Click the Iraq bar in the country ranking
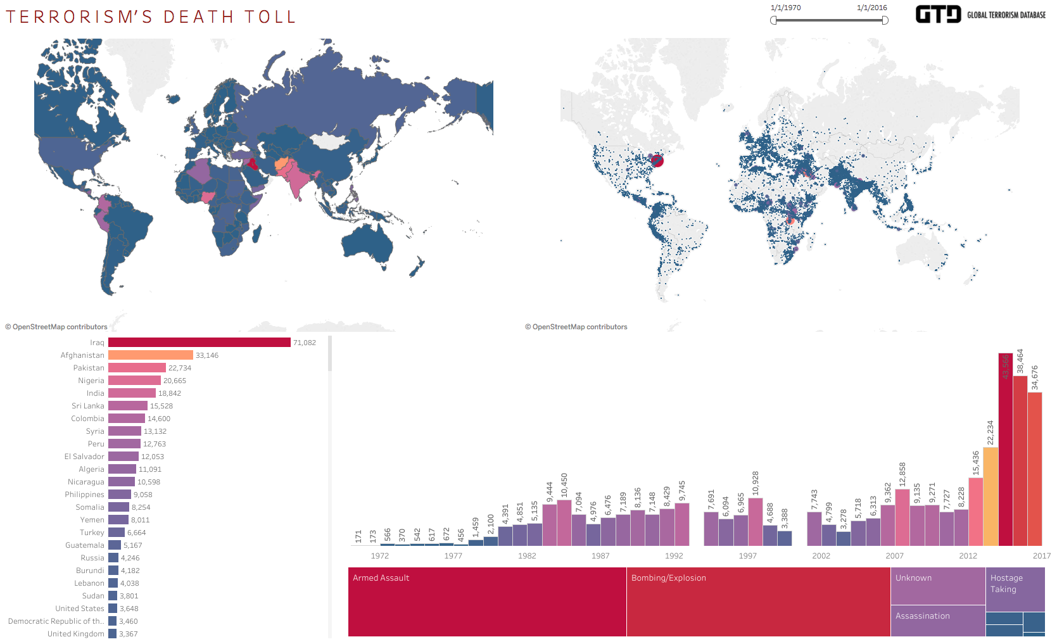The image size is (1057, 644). click(199, 343)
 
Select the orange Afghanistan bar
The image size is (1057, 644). click(150, 355)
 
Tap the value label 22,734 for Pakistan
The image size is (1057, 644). click(180, 368)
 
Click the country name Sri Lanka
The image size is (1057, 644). click(88, 406)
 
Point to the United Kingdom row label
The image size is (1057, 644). click(76, 634)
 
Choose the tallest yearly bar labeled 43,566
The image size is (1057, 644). click(1005, 450)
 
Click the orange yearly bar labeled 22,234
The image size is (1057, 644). click(991, 496)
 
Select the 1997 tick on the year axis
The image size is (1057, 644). click(747, 556)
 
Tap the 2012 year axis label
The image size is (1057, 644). click(968, 556)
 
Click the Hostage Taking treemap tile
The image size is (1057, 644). click(1015, 589)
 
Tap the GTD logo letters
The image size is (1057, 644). click(938, 15)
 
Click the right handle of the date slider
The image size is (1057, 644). click(885, 20)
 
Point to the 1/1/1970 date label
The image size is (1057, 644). click(785, 8)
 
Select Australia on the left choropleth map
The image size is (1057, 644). click(367, 244)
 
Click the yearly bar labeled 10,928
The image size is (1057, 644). click(755, 522)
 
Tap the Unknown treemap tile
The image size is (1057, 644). click(937, 586)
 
